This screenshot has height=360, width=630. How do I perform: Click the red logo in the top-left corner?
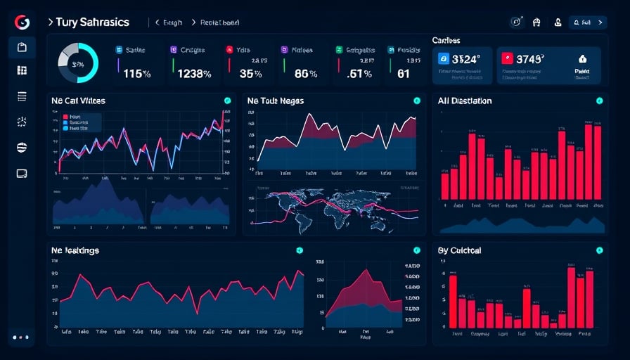(x=21, y=22)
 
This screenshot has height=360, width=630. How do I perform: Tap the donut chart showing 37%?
(x=77, y=64)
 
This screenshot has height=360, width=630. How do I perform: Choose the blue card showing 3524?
(x=463, y=65)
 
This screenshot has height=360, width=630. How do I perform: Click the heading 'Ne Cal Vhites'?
(x=78, y=101)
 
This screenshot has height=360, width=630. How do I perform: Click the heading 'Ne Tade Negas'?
(x=276, y=101)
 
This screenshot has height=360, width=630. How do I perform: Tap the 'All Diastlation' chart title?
(x=464, y=101)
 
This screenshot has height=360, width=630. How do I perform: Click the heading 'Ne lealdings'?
(x=75, y=250)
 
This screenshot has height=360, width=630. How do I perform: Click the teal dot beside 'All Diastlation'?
(x=599, y=101)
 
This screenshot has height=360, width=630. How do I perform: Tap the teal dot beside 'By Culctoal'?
(x=599, y=250)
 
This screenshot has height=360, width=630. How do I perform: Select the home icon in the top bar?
(x=537, y=22)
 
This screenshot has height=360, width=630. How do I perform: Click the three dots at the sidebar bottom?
(x=21, y=337)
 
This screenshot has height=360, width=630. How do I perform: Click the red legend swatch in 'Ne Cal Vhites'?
(x=65, y=117)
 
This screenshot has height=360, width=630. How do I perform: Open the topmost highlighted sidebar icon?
(x=22, y=48)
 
